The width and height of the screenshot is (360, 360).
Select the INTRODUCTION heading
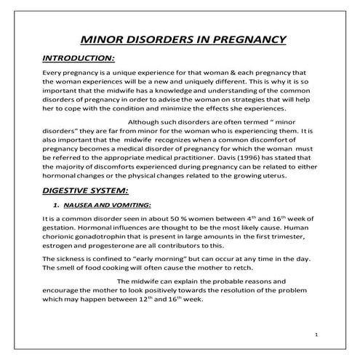(79, 57)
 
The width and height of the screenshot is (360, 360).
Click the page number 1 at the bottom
(318, 335)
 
